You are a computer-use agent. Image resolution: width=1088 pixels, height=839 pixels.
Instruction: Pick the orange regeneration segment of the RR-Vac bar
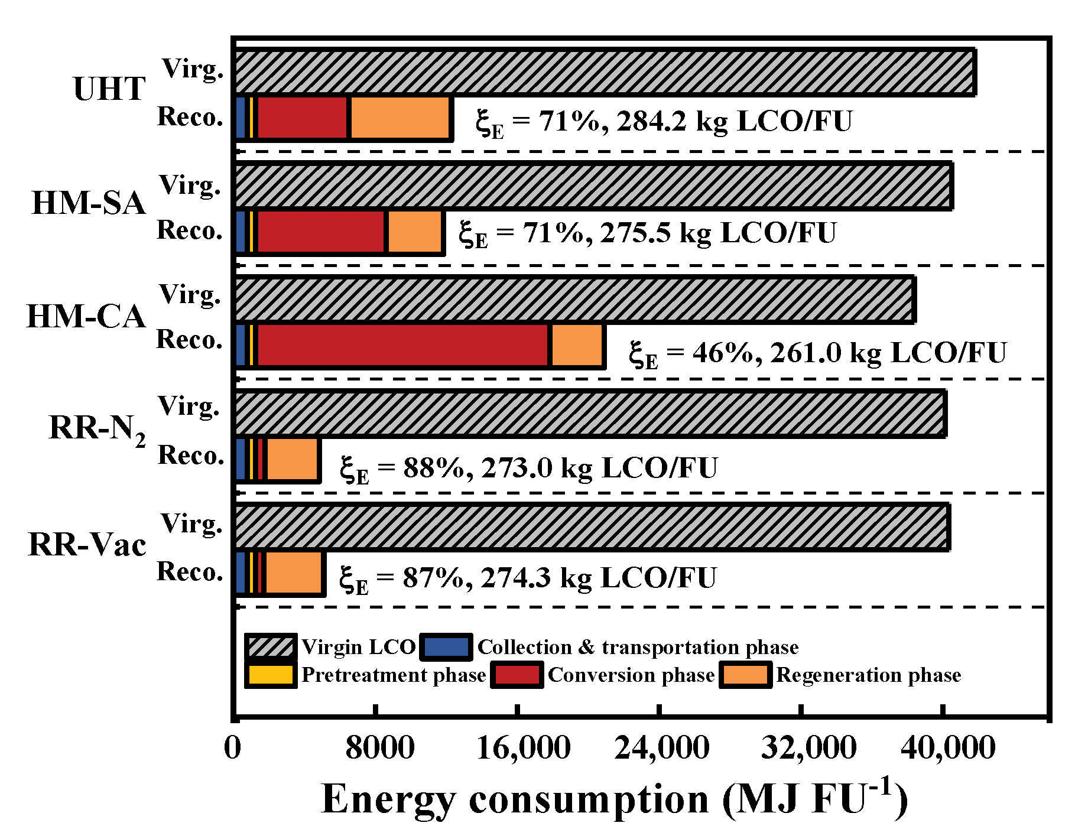tap(294, 573)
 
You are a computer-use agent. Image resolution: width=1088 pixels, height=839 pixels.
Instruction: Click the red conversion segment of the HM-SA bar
tap(321, 232)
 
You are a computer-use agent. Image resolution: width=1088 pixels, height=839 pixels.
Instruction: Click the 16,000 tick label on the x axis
tap(523, 748)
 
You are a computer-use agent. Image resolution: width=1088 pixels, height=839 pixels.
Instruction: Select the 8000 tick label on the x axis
tap(379, 748)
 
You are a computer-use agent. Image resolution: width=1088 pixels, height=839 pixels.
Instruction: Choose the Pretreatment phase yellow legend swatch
tap(270, 675)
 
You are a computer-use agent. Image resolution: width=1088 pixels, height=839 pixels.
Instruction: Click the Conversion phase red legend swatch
tap(517, 675)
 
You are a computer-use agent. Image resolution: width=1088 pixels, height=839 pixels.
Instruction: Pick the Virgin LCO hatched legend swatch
tap(270, 646)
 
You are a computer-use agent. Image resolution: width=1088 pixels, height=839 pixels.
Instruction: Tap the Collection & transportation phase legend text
tap(638, 647)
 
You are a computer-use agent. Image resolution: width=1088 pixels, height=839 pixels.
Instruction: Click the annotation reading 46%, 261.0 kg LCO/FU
tap(817, 353)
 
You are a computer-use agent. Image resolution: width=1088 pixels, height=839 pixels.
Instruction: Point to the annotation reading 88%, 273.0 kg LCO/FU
tap(528, 469)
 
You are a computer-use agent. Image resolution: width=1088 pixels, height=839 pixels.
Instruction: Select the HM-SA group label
tap(88, 203)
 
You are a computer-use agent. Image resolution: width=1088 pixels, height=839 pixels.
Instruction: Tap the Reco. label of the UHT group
tap(190, 117)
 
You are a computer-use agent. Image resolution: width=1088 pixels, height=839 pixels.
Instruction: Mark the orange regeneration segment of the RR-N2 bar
tap(293, 460)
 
